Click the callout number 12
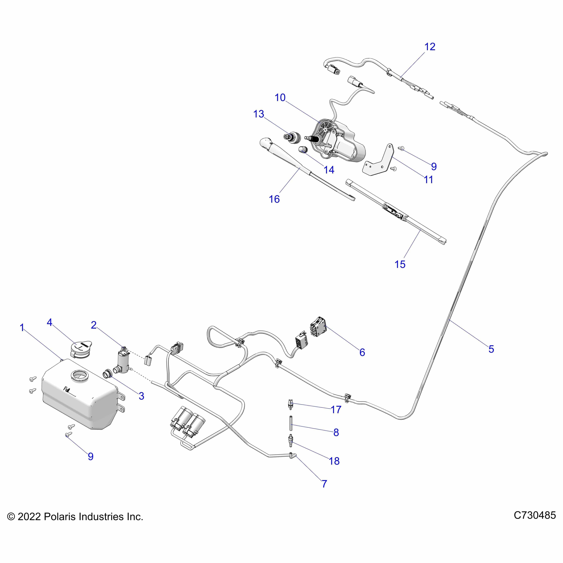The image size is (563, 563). point(430,47)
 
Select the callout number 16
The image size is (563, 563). point(274,199)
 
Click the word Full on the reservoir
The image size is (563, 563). point(67,389)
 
